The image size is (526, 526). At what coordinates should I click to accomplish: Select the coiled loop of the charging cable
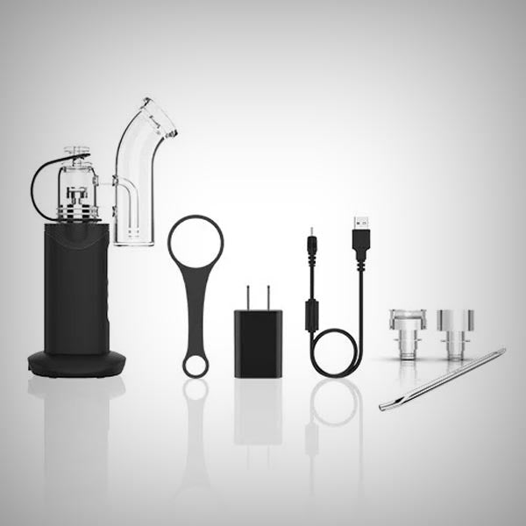click(x=338, y=355)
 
